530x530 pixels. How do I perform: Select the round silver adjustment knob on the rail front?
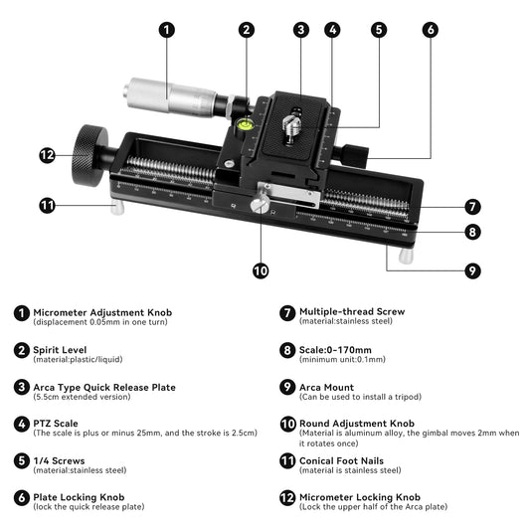(x=261, y=206)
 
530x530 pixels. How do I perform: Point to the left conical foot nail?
(x=115, y=209)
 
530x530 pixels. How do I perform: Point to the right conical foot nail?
(x=406, y=256)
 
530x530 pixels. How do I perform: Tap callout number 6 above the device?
(x=430, y=30)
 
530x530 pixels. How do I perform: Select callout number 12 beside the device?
(x=47, y=154)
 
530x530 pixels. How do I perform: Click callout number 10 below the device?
(x=261, y=269)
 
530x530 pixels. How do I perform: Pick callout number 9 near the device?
(x=473, y=269)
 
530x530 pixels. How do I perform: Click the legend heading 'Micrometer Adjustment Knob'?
(x=102, y=312)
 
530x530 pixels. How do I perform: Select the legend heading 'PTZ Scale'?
(x=56, y=423)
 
